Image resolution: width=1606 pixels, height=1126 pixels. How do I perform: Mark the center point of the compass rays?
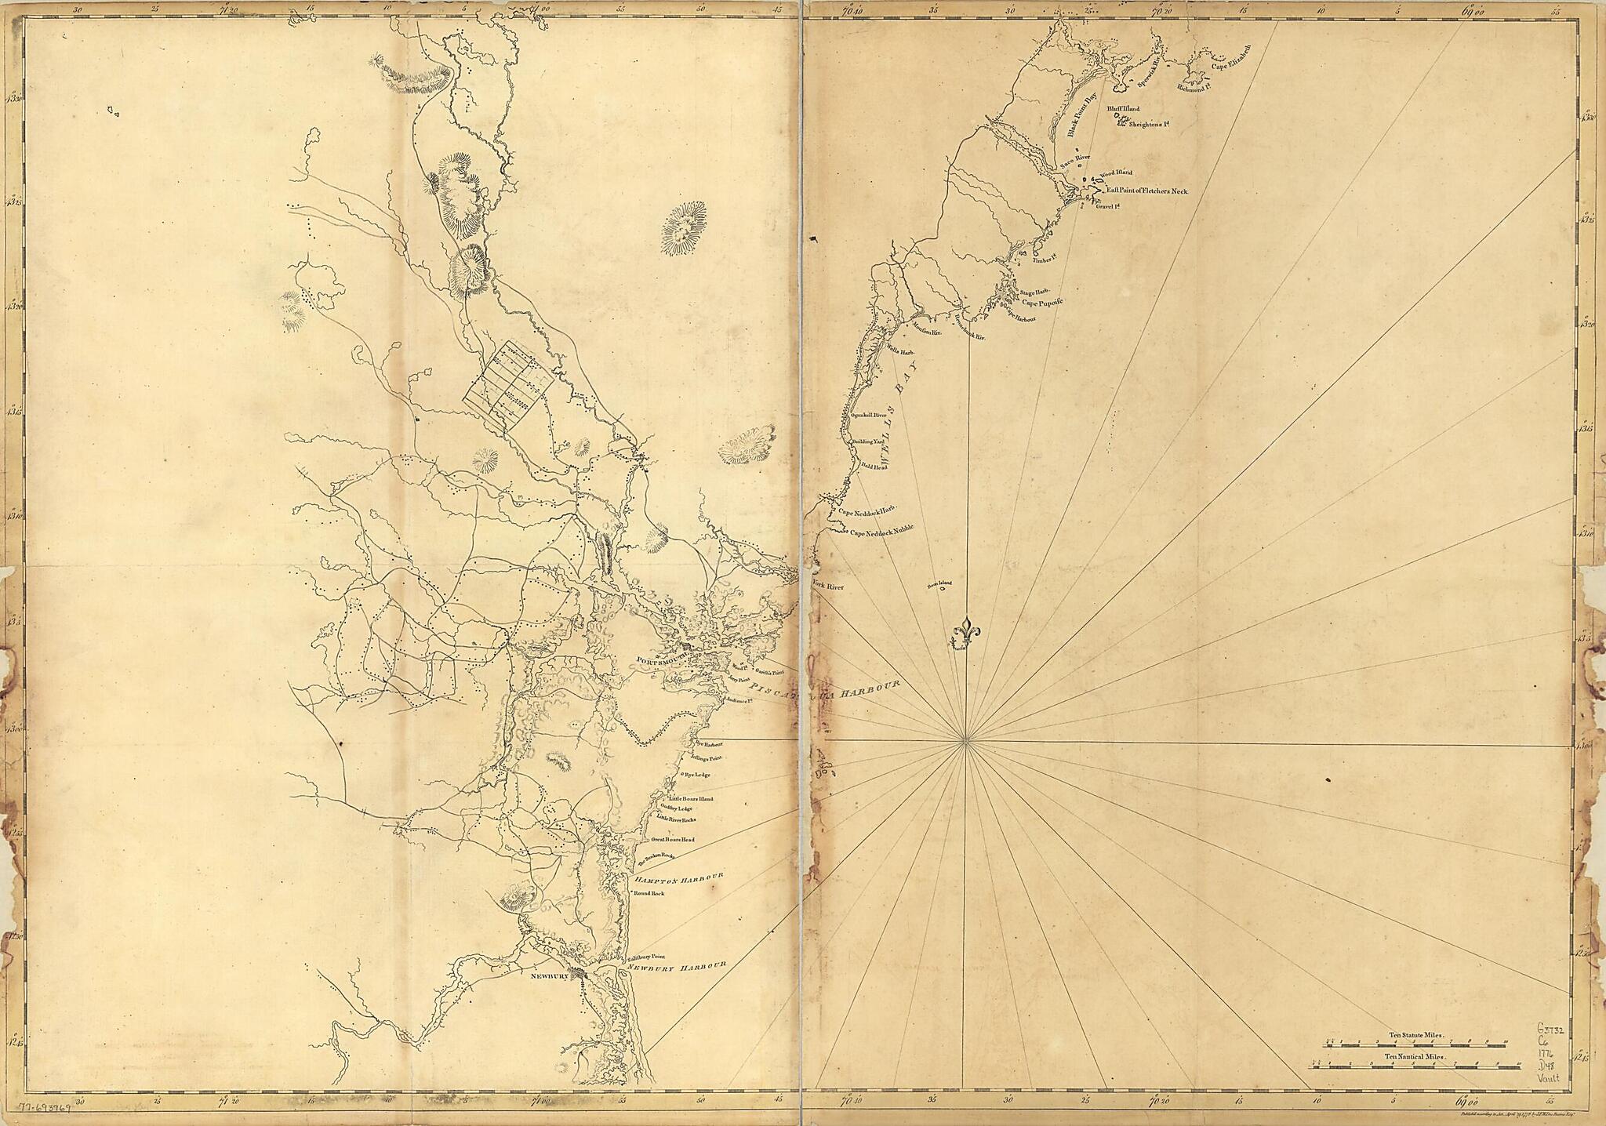pyautogui.click(x=966, y=739)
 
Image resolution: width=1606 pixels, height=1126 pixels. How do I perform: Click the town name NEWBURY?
pyautogui.click(x=549, y=977)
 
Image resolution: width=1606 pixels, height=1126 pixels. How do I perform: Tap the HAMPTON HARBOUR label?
pyautogui.click(x=677, y=878)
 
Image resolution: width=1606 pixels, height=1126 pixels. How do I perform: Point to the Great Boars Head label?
pyautogui.click(x=673, y=840)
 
